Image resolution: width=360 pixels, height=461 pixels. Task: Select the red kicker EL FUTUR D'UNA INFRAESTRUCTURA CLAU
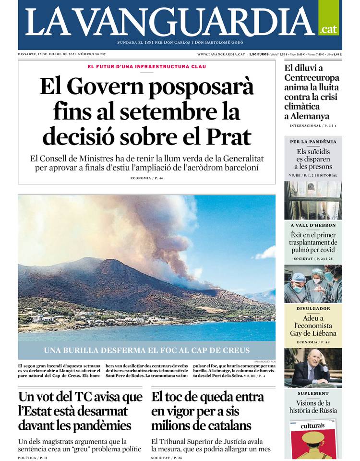point(147,66)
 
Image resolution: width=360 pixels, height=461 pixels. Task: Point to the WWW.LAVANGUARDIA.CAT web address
point(221,54)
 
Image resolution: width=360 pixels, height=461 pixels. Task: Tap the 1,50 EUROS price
point(259,54)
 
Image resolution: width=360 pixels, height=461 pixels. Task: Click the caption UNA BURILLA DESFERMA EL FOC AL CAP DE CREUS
point(147,350)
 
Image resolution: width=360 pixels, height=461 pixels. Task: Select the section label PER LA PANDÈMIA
point(313,142)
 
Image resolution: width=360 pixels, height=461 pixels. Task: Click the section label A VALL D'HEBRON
point(313,225)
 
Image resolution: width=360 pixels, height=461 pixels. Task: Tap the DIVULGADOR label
point(313,309)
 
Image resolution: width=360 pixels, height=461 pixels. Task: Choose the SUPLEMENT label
point(313,393)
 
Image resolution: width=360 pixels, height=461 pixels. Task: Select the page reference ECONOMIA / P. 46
point(147,178)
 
